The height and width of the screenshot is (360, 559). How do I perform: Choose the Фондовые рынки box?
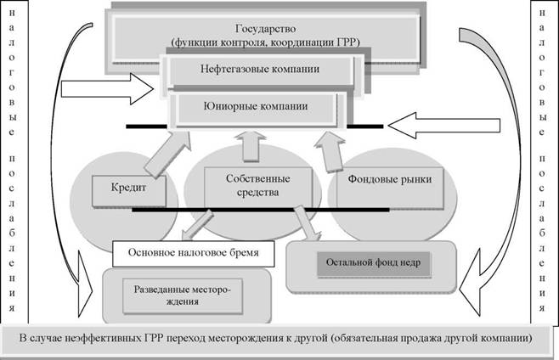coord(390,180)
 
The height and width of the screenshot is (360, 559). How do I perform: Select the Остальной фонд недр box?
coord(372,264)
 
